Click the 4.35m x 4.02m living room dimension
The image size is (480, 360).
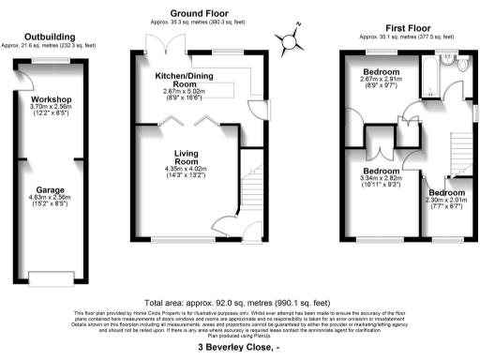[184, 169]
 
